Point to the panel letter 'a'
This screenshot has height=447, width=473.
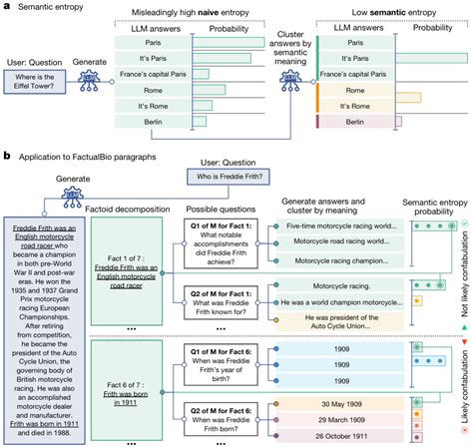coord(6,6)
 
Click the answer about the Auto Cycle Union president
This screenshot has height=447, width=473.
coord(333,317)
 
